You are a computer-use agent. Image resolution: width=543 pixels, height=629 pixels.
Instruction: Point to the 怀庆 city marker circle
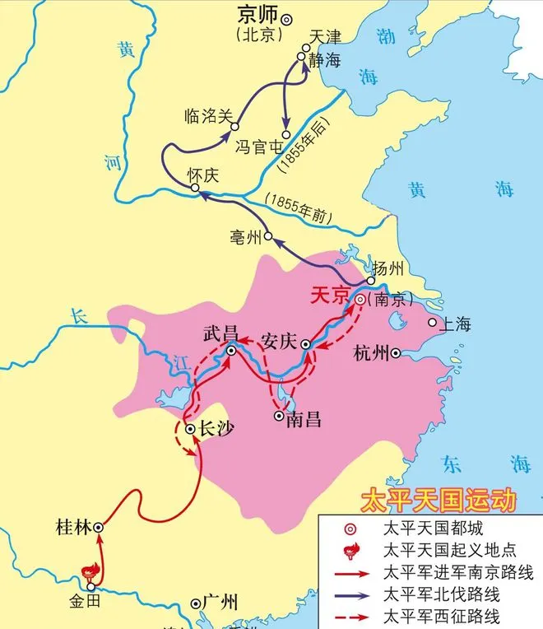click(x=195, y=189)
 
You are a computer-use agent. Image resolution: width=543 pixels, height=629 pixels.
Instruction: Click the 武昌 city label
click(x=220, y=334)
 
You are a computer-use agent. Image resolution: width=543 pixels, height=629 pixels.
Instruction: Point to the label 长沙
click(x=216, y=429)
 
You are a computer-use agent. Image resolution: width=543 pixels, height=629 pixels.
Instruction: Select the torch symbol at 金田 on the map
click(x=89, y=570)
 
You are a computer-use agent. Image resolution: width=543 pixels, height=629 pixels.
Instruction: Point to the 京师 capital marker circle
click(x=286, y=18)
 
